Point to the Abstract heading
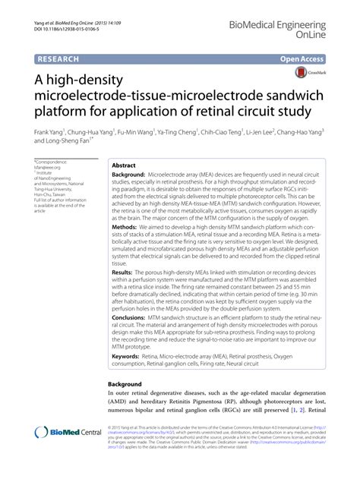[124, 164]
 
